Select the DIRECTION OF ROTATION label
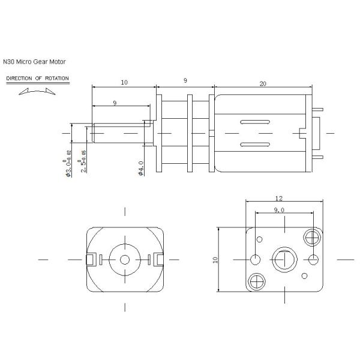(x=37, y=79)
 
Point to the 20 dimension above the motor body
(x=263, y=84)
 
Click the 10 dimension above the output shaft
(x=124, y=82)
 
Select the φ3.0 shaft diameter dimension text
(x=68, y=166)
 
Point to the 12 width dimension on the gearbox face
(x=279, y=197)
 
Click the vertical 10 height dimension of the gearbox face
(x=215, y=259)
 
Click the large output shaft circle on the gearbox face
(x=283, y=259)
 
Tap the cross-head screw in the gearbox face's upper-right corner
(x=312, y=236)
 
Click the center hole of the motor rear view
(x=125, y=259)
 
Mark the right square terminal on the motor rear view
(x=159, y=259)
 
